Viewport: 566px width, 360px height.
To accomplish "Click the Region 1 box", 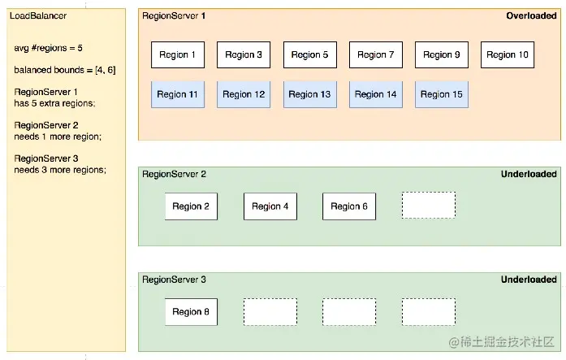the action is pyautogui.click(x=178, y=55).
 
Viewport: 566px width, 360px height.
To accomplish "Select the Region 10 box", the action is pyautogui.click(x=508, y=55).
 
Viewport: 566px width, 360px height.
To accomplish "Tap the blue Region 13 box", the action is pyautogui.click(x=309, y=94).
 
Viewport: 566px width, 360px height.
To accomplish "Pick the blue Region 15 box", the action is pyautogui.click(x=442, y=94).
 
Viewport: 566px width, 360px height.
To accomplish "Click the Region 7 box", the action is pyautogui.click(x=375, y=55).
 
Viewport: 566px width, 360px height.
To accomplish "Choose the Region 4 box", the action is pyautogui.click(x=270, y=206).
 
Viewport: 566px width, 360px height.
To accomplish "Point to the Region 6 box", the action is pyautogui.click(x=349, y=206).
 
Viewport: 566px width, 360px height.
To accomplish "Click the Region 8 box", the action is pyautogui.click(x=191, y=311).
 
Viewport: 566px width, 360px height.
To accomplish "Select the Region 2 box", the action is pyautogui.click(x=191, y=206).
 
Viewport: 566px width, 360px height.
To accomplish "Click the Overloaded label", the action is pyautogui.click(x=531, y=16).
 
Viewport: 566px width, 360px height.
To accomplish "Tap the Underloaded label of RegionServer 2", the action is pyautogui.click(x=529, y=174).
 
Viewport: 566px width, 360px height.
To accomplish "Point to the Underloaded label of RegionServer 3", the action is pyautogui.click(x=529, y=280).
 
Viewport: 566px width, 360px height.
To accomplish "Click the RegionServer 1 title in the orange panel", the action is pyautogui.click(x=174, y=16).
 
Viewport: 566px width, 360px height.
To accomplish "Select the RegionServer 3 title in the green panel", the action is pyautogui.click(x=174, y=280).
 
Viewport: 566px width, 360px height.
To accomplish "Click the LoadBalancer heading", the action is pyautogui.click(x=38, y=16).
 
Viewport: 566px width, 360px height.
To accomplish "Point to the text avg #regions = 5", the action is pyautogui.click(x=48, y=48).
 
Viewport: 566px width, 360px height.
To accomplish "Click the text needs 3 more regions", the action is pyautogui.click(x=60, y=170).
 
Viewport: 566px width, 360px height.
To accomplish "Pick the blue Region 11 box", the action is pyautogui.click(x=178, y=94).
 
